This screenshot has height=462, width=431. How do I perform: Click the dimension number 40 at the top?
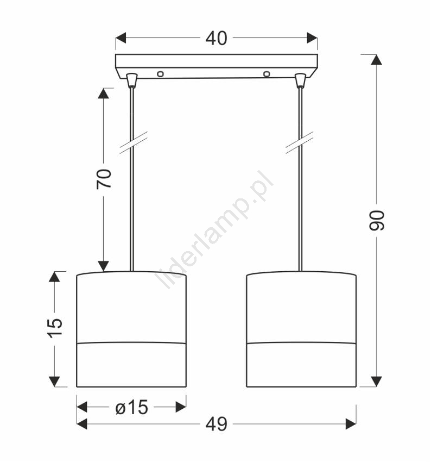[216, 38]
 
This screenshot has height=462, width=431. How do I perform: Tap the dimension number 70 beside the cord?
[104, 179]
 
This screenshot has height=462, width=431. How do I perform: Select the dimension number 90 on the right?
[377, 220]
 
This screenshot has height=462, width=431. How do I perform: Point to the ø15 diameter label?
[131, 408]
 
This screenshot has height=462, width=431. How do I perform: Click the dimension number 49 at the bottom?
[216, 424]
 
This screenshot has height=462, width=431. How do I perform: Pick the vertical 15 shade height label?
[55, 328]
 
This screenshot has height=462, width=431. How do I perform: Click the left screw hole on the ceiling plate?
[160, 74]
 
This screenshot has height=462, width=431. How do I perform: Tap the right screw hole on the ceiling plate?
[267, 74]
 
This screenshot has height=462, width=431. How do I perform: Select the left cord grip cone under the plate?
[132, 80]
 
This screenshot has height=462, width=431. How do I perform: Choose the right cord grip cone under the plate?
[300, 80]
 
